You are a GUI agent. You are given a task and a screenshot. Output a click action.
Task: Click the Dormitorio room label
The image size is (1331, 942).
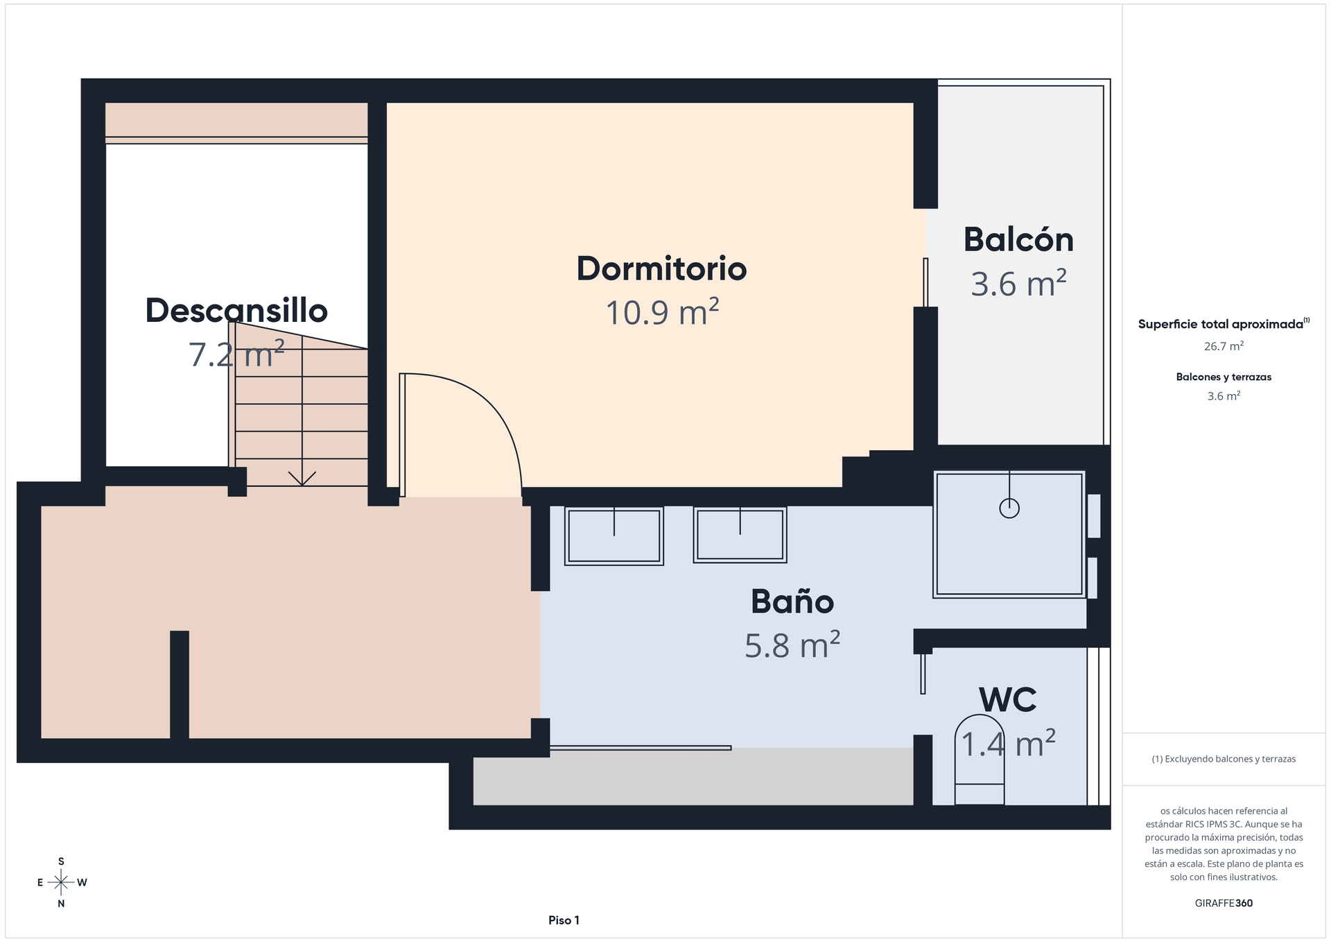(x=661, y=269)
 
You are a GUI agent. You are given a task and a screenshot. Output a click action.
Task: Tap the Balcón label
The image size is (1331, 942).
(x=1018, y=239)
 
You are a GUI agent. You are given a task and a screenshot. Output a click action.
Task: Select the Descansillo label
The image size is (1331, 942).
(x=236, y=310)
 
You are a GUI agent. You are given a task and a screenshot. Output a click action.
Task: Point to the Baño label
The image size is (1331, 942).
(x=792, y=601)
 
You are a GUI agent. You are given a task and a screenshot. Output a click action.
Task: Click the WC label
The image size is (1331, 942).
(x=1008, y=700)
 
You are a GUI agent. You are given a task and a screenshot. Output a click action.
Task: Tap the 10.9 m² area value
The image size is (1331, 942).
(x=662, y=311)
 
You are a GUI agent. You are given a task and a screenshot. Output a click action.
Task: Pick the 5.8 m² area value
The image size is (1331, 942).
(x=792, y=645)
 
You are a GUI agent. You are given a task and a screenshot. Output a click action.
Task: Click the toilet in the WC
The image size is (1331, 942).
(x=980, y=760)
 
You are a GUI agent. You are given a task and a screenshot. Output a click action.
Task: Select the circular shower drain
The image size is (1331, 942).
(x=1009, y=508)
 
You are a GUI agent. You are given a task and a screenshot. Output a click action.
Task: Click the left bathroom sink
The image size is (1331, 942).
(x=614, y=536)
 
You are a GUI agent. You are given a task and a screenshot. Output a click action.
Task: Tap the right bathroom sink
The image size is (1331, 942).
(x=740, y=534)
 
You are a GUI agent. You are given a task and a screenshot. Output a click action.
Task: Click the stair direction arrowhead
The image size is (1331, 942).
(x=302, y=479)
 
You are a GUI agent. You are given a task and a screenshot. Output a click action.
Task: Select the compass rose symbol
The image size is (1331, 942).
(x=61, y=882)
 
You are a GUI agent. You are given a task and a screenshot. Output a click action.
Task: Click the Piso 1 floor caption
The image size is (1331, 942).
(x=564, y=920)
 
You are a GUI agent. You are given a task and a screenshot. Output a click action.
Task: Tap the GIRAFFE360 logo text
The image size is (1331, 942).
(x=1224, y=903)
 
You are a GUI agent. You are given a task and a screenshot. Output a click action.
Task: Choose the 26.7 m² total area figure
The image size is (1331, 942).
(x=1224, y=345)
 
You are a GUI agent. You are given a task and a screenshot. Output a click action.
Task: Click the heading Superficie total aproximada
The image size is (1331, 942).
(x=1221, y=324)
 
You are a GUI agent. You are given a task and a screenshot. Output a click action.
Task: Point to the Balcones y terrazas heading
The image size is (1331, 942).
(x=1224, y=377)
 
